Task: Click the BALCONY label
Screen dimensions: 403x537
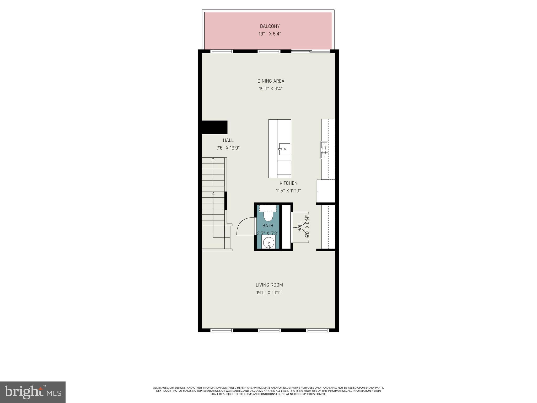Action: [270, 26]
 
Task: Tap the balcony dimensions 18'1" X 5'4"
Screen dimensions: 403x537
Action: [270, 34]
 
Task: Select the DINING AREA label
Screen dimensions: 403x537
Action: [271, 81]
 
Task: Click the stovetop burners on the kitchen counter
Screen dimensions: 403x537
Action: [324, 150]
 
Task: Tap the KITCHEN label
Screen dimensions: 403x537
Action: [288, 183]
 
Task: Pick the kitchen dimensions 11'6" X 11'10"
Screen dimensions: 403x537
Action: [288, 191]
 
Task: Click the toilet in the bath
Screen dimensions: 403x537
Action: [268, 216]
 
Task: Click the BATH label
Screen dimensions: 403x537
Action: [268, 226]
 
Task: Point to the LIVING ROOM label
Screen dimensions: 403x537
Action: [269, 285]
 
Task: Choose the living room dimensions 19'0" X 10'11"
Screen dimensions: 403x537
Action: [269, 293]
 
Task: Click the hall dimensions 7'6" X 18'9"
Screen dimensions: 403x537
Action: [228, 148]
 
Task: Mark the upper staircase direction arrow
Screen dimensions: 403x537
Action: [213, 159]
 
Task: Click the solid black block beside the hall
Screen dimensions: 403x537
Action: [214, 128]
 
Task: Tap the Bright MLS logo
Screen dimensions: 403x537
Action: [33, 392]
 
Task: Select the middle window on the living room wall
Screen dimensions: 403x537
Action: [269, 330]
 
